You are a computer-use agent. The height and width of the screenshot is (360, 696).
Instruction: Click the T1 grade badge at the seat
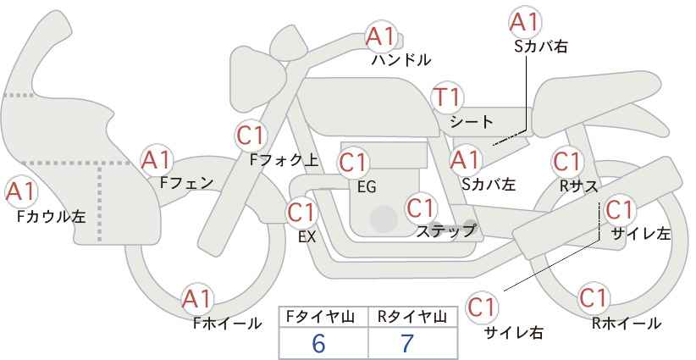point(448,97)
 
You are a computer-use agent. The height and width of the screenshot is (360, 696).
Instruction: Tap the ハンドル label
point(401,59)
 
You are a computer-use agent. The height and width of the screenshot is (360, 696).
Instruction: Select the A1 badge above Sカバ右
point(525,22)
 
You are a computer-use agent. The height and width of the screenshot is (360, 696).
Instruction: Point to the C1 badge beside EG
point(353,163)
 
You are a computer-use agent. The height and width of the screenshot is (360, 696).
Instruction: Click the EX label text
point(307,237)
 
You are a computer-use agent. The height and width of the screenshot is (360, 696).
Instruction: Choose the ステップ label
point(446,231)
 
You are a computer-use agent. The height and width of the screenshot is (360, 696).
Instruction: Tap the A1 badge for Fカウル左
point(21,192)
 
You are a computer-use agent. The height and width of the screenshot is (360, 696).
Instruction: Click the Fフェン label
point(186,183)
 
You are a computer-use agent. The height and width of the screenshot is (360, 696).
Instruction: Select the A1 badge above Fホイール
point(197,300)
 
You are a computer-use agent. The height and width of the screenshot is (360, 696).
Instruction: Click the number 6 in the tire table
point(318,343)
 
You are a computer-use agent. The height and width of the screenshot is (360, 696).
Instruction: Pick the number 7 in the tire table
point(407,343)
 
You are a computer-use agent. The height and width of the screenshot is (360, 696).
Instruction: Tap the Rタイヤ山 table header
point(412,317)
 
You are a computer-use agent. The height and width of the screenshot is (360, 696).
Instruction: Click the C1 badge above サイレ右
point(482,307)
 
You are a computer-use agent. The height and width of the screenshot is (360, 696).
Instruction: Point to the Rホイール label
point(627,324)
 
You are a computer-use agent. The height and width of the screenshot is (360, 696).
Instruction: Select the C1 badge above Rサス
point(567,162)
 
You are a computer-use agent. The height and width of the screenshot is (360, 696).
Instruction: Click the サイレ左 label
point(640,234)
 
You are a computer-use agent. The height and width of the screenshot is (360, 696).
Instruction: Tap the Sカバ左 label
point(489,184)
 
